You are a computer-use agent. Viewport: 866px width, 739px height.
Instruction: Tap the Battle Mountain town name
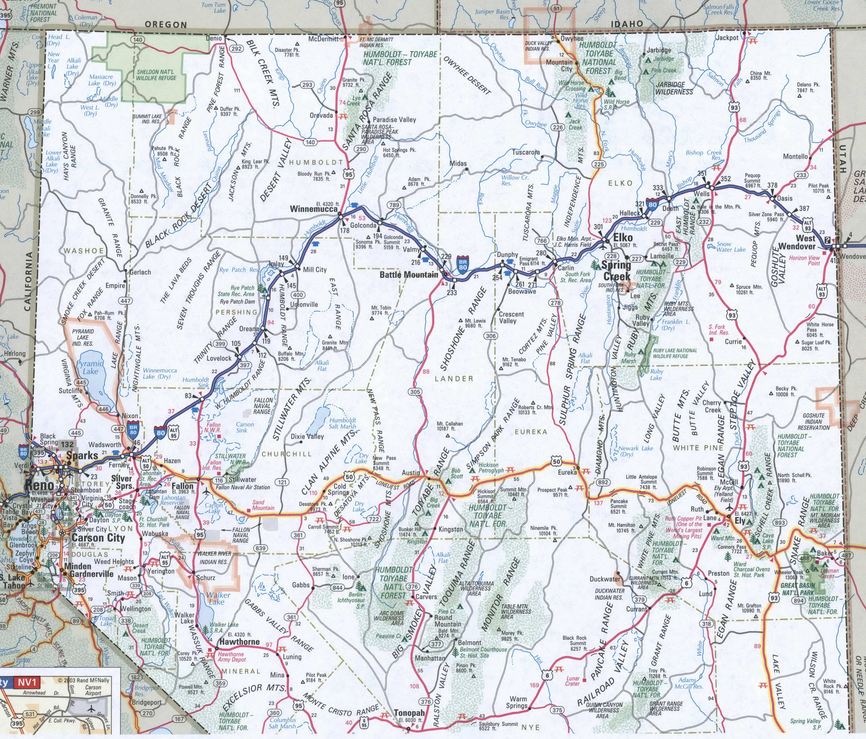click(x=409, y=274)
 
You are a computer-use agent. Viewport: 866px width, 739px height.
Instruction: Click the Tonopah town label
click(x=409, y=713)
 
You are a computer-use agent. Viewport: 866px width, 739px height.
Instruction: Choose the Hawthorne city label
click(x=239, y=642)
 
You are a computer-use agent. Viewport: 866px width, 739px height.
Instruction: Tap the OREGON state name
click(x=165, y=24)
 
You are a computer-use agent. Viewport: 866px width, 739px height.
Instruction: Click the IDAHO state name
click(x=627, y=24)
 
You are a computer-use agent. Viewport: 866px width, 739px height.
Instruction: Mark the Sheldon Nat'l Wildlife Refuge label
click(x=156, y=75)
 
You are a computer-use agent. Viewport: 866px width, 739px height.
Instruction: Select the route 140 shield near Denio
click(x=137, y=40)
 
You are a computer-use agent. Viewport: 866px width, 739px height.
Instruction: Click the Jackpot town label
click(x=727, y=38)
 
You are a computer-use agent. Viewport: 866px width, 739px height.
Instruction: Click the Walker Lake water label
click(x=218, y=598)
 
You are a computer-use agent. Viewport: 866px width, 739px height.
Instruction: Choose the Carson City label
click(x=98, y=538)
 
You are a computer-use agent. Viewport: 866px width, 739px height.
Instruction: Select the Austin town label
click(x=411, y=472)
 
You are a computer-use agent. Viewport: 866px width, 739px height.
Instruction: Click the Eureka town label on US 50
click(x=567, y=472)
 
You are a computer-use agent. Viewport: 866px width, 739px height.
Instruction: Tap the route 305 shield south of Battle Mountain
click(x=414, y=392)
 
